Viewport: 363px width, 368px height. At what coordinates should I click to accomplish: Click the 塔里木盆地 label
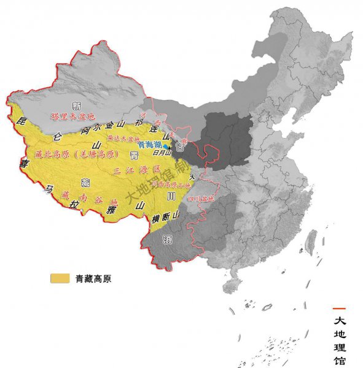[72, 116]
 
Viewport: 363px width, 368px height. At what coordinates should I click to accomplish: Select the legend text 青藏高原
[93, 278]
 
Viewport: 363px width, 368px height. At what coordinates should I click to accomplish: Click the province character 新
[77, 105]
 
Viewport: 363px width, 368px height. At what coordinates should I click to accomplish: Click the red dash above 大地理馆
[339, 308]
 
